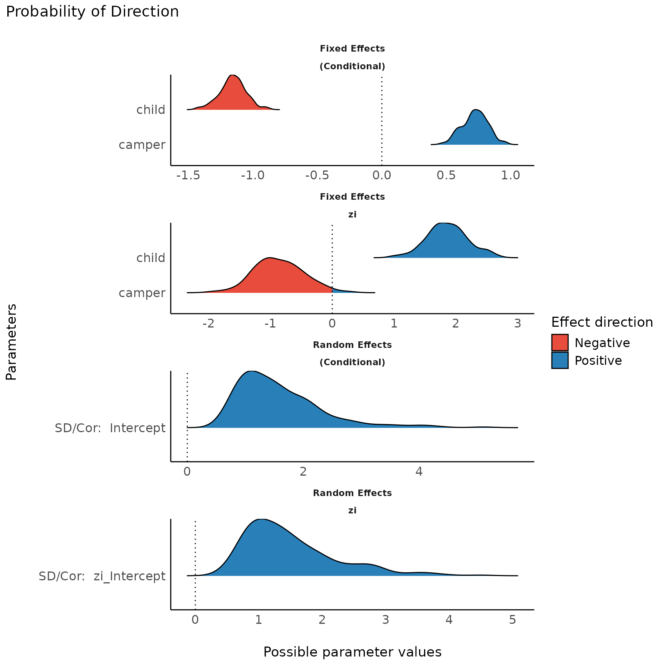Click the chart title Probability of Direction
[x=92, y=12]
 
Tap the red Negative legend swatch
[x=560, y=343]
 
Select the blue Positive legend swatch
[x=560, y=361]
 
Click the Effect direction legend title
[x=602, y=322]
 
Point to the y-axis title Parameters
[x=12, y=342]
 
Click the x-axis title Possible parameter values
[x=352, y=652]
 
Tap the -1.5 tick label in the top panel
[x=188, y=176]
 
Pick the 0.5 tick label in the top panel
[x=446, y=176]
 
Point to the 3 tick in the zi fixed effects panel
[x=518, y=323]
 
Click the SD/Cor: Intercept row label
[x=110, y=428]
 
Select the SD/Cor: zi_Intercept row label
[x=102, y=576]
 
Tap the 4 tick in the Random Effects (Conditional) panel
[x=419, y=472]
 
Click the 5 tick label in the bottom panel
[x=512, y=620]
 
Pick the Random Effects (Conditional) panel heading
[x=352, y=353]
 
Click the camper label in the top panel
[x=142, y=145]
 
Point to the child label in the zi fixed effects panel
[x=150, y=258]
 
